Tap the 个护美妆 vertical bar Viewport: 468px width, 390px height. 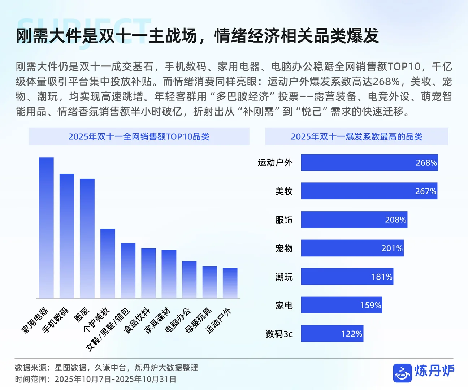(x=108, y=263)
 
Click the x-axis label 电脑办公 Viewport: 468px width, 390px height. (x=178, y=320)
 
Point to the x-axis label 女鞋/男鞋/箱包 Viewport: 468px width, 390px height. (x=108, y=329)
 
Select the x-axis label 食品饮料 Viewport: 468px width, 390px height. (x=137, y=320)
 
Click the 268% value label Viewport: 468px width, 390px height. (x=426, y=163)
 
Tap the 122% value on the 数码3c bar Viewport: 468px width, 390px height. (x=351, y=334)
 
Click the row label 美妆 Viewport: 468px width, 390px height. (x=284, y=191)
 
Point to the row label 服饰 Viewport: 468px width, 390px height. (x=284, y=220)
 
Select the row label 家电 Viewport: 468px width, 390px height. (x=284, y=305)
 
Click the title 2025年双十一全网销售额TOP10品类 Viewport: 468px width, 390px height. (x=139, y=136)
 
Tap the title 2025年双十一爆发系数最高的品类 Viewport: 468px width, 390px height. (x=356, y=136)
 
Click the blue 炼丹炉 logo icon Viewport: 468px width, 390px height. (x=402, y=373)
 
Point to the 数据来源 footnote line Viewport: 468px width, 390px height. (x=106, y=368)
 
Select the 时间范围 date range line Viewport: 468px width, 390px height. (x=95, y=379)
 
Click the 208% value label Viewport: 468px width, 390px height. (x=395, y=220)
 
